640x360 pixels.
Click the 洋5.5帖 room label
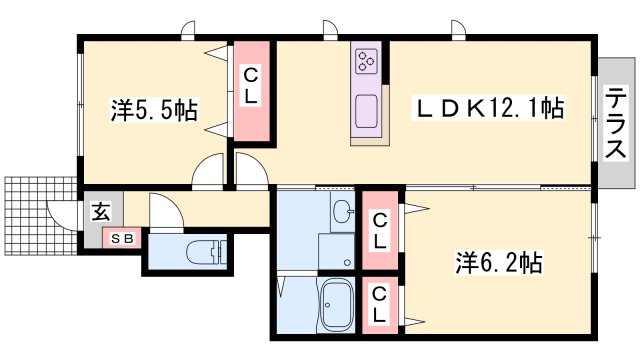click(154, 110)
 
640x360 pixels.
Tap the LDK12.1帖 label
click(489, 109)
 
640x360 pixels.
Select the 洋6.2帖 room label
click(499, 262)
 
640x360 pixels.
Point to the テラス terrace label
click(615, 122)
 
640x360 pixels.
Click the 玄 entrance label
click(100, 211)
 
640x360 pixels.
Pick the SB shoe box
click(122, 238)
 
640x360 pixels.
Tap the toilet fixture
click(207, 252)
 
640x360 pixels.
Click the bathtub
click(337, 304)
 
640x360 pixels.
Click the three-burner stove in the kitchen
click(366, 61)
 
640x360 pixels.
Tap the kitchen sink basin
click(366, 111)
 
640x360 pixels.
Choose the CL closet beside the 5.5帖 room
click(251, 91)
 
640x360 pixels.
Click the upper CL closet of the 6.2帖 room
click(380, 231)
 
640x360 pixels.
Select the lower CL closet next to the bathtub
click(380, 305)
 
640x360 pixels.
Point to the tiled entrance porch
click(41, 216)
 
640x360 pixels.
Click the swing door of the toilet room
click(166, 211)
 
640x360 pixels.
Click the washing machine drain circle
click(348, 262)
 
